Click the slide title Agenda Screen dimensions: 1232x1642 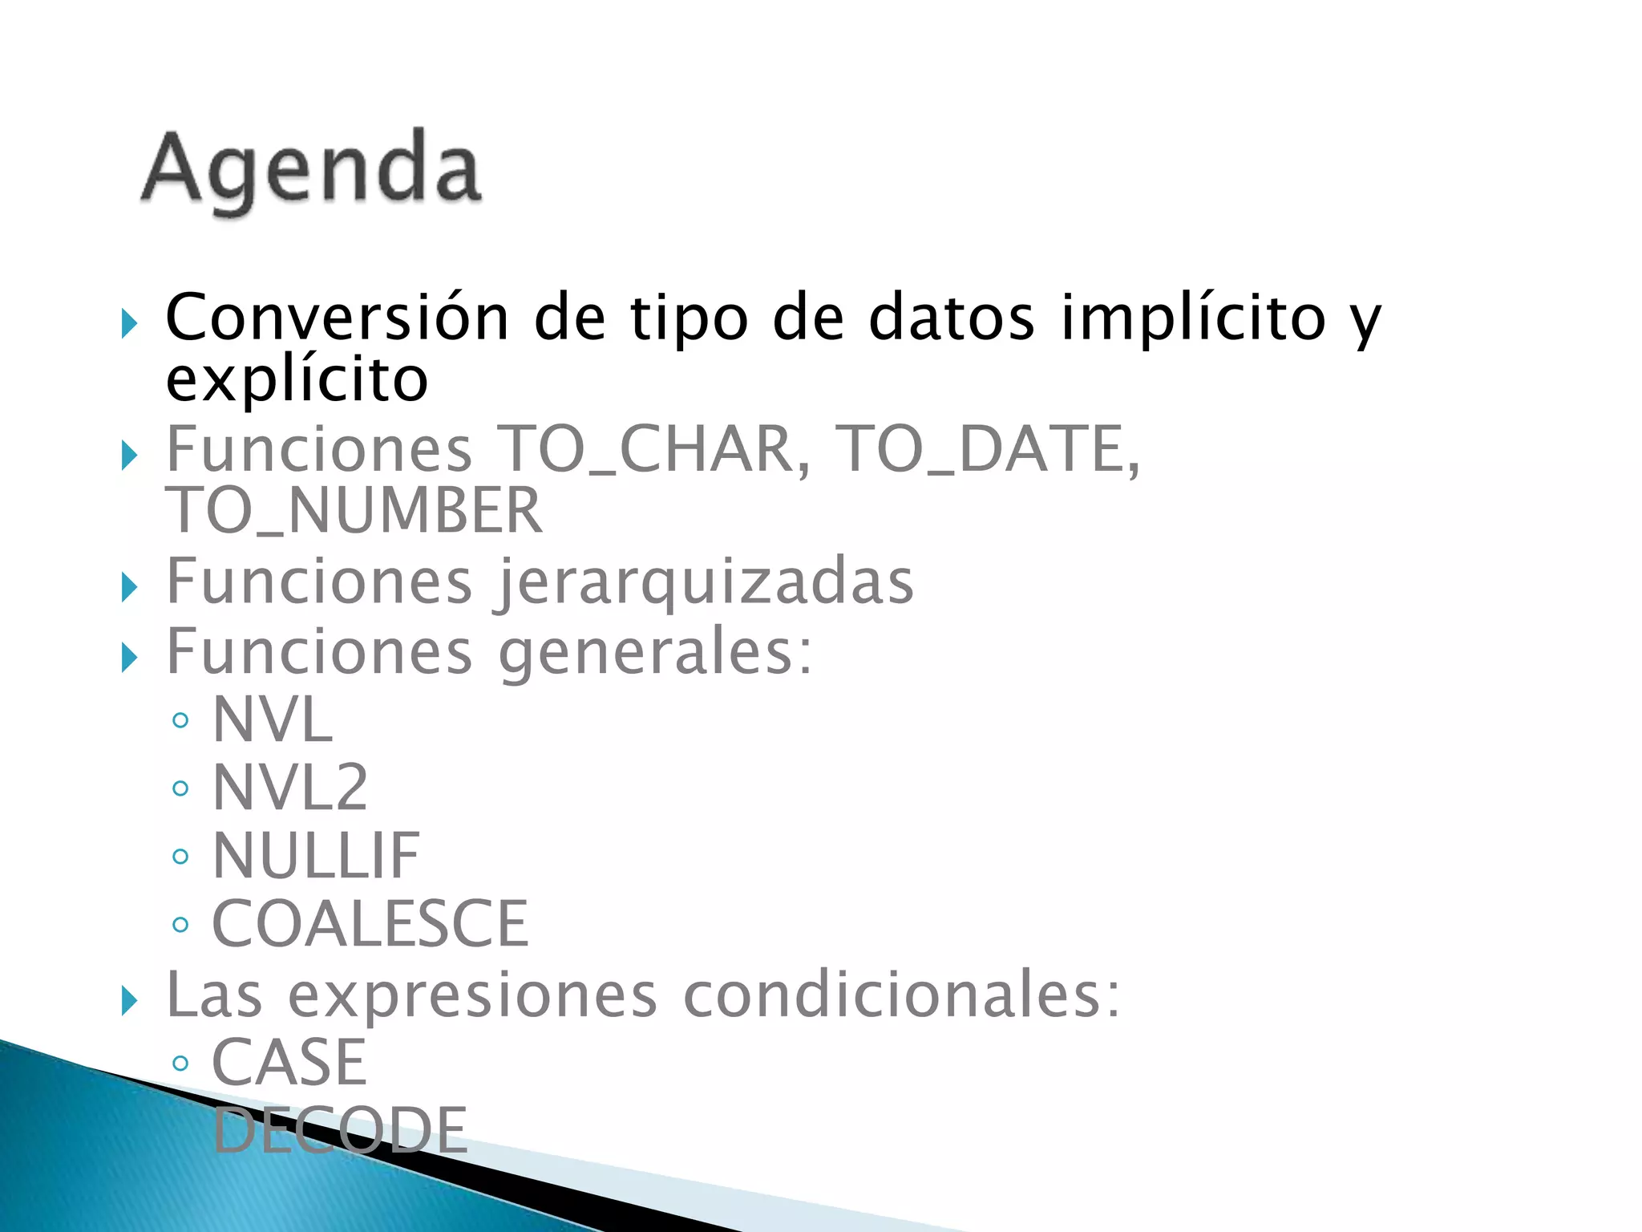click(x=311, y=169)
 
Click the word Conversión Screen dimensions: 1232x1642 click(x=338, y=318)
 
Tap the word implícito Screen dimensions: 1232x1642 click(x=1193, y=318)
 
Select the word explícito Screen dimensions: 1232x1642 click(x=297, y=380)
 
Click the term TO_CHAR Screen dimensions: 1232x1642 click(x=653, y=450)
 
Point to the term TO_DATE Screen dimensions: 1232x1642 click(x=986, y=450)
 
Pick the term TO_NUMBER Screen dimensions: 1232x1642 click(x=354, y=511)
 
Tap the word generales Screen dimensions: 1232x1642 click(x=655, y=653)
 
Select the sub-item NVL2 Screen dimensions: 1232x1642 click(x=289, y=788)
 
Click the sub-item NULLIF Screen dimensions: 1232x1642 click(x=315, y=857)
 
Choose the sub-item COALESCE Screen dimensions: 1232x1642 click(x=370, y=925)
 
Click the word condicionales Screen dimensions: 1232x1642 click(x=901, y=995)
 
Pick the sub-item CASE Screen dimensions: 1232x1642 click(x=289, y=1063)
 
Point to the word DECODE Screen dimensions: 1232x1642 click(x=340, y=1131)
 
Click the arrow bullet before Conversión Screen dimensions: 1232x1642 click(x=129, y=324)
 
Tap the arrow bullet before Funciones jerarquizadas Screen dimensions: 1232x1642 click(x=129, y=588)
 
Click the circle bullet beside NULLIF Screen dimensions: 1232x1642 click(x=180, y=857)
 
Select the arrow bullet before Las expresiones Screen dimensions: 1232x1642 click(x=129, y=1001)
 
